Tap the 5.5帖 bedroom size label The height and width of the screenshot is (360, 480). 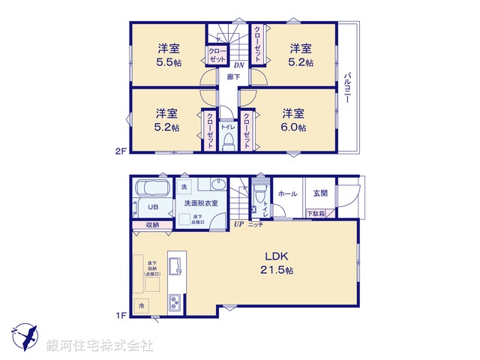[x=168, y=62]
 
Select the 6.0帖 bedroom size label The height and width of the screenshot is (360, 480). [x=293, y=127]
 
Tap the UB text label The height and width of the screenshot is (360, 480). [x=152, y=208]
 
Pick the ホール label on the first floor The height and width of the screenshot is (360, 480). [x=287, y=193]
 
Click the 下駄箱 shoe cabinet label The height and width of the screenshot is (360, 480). [x=316, y=214]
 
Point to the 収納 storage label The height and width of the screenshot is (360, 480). [x=153, y=223]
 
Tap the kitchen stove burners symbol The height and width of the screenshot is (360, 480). [x=174, y=304]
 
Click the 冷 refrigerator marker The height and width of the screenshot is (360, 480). [x=140, y=305]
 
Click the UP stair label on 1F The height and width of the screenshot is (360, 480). [x=238, y=223]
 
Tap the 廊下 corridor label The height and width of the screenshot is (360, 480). [x=233, y=76]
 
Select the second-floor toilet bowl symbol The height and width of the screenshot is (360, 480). [x=229, y=143]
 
